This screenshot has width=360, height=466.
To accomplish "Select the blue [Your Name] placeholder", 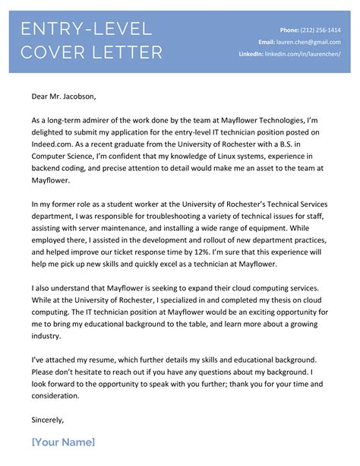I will point(63,442).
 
